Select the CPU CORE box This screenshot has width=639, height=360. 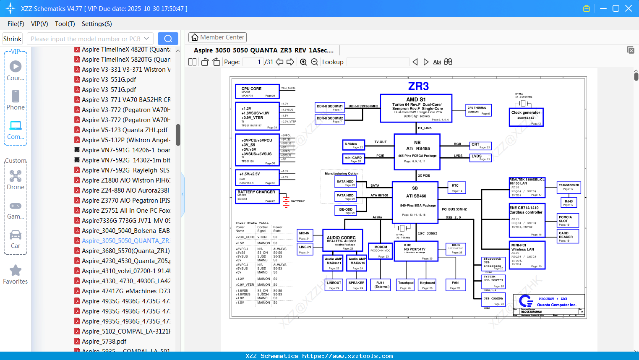pos(257,91)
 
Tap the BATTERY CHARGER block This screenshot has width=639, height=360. pos(257,196)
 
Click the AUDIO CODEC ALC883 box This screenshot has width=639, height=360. pos(342,240)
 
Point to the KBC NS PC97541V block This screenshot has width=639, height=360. pos(416,251)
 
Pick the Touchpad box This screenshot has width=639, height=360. pos(406,285)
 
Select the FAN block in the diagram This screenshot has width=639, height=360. pos(455,285)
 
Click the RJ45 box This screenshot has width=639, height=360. pos(569,203)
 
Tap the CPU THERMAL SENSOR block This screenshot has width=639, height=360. pos(478,110)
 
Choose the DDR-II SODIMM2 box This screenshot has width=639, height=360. pos(330,120)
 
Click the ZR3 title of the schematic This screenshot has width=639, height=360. pos(418,86)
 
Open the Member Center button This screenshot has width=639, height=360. pos(217,37)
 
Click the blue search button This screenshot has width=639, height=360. pos(168,39)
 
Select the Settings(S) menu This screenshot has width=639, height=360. pos(97,24)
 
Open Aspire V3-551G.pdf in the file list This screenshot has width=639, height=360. pos(109,80)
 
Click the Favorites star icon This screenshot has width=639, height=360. pos(16,271)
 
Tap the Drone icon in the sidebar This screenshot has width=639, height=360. pos(16,176)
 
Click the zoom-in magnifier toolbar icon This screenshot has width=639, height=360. pos(303,62)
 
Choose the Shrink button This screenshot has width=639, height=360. pos(12,39)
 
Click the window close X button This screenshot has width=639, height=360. pos(629,8)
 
